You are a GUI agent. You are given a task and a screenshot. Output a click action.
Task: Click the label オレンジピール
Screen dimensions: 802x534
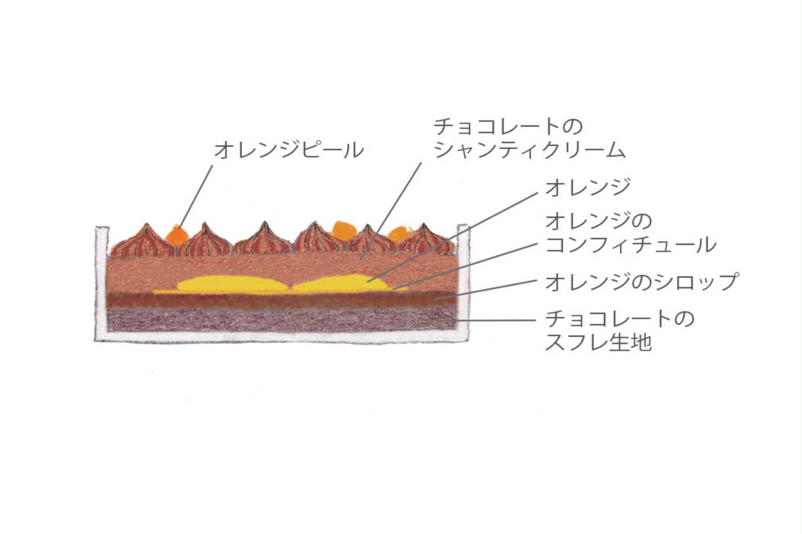289,150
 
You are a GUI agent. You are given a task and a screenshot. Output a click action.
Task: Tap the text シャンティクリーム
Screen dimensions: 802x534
530,150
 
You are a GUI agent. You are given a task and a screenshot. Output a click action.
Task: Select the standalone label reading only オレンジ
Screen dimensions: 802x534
588,187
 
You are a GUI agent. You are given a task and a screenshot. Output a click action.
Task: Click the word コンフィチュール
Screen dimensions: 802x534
630,245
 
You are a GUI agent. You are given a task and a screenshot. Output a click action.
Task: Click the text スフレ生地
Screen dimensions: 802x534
598,342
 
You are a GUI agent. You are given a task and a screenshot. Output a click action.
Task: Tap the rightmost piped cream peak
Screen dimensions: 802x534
426,239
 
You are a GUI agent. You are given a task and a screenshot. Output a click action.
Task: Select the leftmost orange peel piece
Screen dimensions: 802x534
177,234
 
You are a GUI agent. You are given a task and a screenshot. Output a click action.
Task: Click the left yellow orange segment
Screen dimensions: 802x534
232,284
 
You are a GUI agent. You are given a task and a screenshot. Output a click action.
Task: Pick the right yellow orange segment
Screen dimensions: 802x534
340,284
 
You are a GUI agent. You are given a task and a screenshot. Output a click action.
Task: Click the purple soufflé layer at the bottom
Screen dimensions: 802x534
282,319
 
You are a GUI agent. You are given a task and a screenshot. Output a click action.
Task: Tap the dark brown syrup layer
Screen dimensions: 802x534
282,300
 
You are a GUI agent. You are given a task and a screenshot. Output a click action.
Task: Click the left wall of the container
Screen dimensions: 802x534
102,283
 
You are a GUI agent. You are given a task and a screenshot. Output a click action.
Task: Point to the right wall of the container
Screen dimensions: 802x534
463,282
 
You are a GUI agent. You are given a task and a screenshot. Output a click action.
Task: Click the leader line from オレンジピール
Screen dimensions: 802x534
195,196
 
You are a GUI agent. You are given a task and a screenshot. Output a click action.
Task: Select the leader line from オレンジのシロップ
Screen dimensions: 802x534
486,290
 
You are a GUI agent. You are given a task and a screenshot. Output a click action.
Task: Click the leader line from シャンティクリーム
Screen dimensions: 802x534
390,211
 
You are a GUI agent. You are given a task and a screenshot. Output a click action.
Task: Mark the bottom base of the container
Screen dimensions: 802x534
282,338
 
